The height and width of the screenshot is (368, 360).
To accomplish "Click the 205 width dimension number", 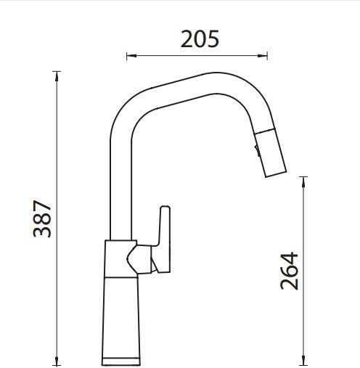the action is (x=200, y=38).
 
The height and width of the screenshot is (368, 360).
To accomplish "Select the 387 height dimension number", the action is (x=42, y=218).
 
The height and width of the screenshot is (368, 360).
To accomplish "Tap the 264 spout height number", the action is (x=289, y=271).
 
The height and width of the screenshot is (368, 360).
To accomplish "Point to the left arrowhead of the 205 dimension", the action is (x=131, y=56).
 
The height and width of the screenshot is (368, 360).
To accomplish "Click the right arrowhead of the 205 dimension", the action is (x=263, y=56).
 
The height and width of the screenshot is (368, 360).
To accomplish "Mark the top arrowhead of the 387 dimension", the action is (x=57, y=76).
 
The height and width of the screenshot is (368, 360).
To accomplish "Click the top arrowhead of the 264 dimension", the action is (x=303, y=181).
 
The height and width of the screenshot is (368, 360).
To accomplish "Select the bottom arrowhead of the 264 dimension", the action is (x=303, y=361).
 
